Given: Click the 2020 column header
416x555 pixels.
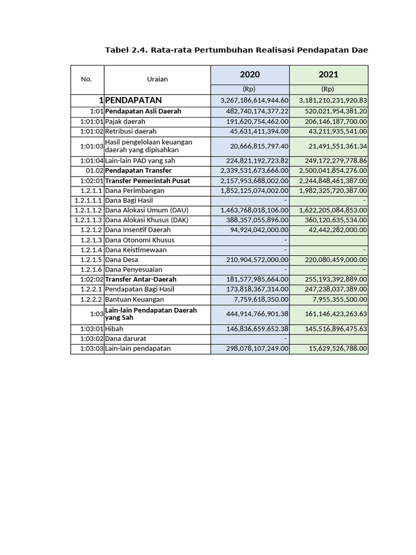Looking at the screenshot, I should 250,74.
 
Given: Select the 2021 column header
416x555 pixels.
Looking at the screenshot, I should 328,74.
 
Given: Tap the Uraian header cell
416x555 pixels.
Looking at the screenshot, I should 157,79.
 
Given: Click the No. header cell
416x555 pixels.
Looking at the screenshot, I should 87,79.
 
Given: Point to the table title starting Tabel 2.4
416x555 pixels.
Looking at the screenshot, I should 236,50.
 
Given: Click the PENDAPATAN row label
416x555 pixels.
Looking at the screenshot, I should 134,100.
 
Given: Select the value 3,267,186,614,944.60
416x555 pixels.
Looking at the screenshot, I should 255,101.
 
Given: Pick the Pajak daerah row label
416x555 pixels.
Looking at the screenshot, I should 125,121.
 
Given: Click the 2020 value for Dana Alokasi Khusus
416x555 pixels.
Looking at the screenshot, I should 255,220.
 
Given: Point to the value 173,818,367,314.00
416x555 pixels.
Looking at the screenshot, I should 255,289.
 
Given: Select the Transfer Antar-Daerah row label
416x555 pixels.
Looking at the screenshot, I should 141,279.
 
